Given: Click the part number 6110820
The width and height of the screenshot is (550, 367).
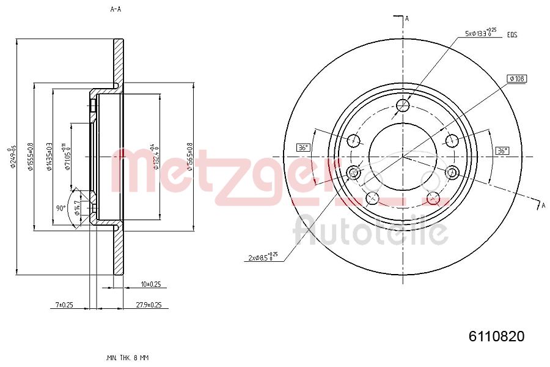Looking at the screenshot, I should pyautogui.click(x=496, y=336).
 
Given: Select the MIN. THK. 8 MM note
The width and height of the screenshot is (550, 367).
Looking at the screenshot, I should pyautogui.click(x=127, y=357).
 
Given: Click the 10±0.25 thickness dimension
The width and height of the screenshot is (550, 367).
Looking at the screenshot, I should pyautogui.click(x=150, y=284).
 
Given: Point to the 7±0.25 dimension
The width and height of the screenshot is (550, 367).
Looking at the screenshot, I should pyautogui.click(x=64, y=305).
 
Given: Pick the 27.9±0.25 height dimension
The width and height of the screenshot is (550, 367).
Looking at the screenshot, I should pyautogui.click(x=148, y=305).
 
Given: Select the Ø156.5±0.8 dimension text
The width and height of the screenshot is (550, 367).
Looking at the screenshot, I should pyautogui.click(x=190, y=157).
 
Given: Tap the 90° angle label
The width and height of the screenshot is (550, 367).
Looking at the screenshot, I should pyautogui.click(x=61, y=208).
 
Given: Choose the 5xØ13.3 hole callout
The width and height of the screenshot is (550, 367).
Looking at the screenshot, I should pyautogui.click(x=480, y=34).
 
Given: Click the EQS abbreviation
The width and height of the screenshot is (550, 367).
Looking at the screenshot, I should pyautogui.click(x=512, y=35).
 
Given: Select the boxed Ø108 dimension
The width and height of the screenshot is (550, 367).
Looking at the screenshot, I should pyautogui.click(x=517, y=78).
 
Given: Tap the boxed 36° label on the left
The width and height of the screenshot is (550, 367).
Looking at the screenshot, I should pyautogui.click(x=304, y=147).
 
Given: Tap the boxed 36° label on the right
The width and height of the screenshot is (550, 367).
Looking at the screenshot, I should pyautogui.click(x=502, y=150).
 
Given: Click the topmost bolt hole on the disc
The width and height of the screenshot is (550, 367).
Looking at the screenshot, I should pyautogui.click(x=403, y=106).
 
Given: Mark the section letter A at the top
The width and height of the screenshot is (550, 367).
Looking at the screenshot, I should pyautogui.click(x=406, y=18).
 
